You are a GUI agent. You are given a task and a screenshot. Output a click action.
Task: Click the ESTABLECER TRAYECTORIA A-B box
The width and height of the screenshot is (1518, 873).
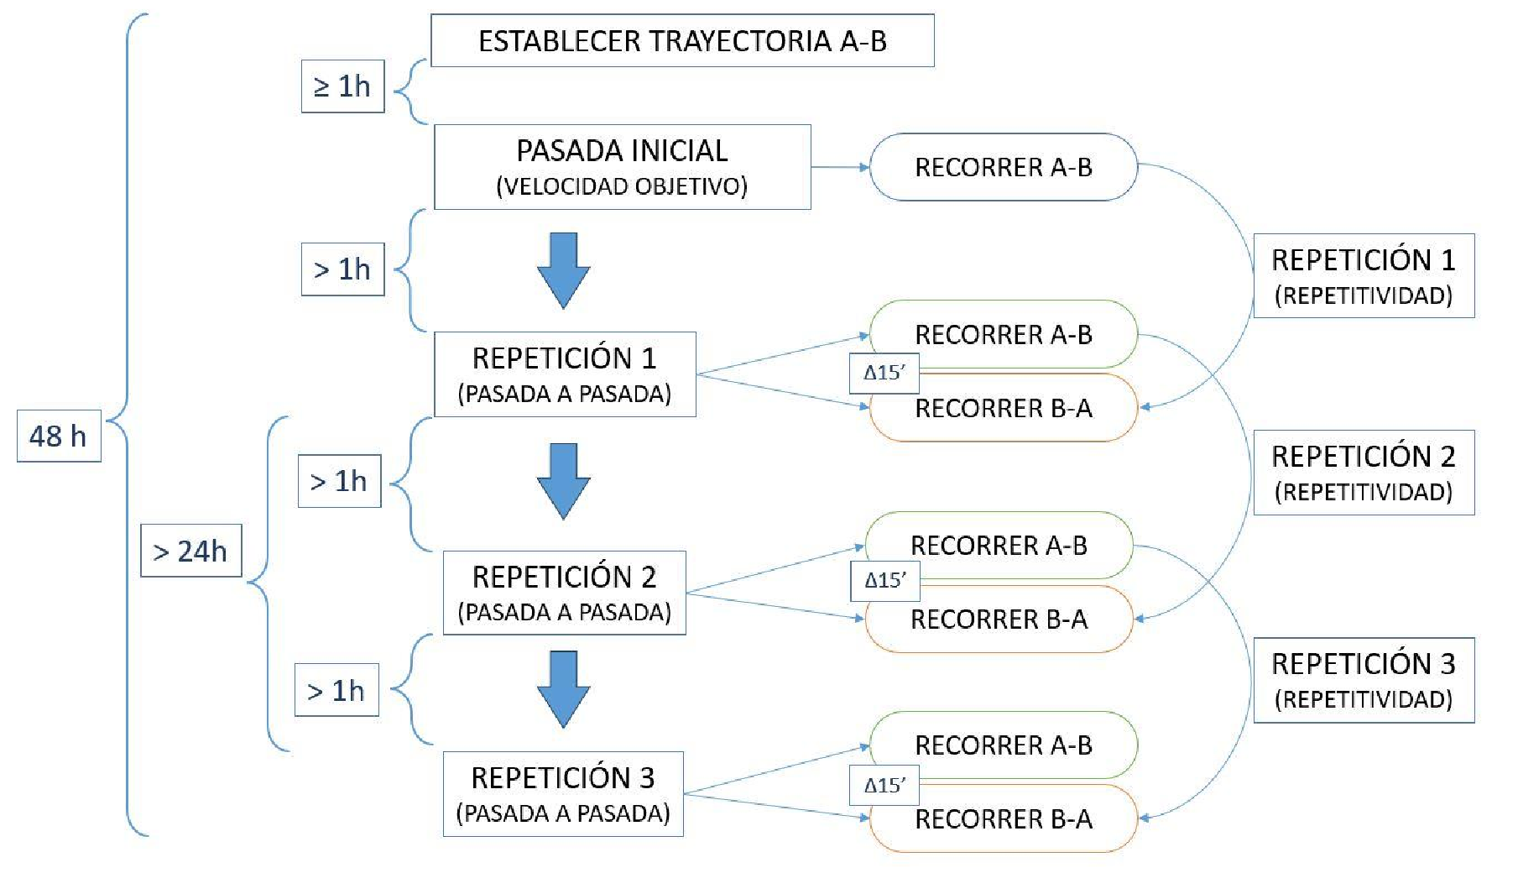click(x=681, y=40)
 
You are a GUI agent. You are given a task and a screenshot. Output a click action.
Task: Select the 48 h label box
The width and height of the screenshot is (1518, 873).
click(x=59, y=436)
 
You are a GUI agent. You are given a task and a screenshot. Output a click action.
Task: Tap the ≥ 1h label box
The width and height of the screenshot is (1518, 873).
click(x=342, y=86)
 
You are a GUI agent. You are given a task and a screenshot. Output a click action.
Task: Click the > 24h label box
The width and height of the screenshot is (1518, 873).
click(x=190, y=551)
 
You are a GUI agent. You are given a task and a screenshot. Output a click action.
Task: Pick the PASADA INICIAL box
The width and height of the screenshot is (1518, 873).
click(x=622, y=167)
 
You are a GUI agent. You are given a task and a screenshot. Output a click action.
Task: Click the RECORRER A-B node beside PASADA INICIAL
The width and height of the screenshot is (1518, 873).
click(x=1003, y=167)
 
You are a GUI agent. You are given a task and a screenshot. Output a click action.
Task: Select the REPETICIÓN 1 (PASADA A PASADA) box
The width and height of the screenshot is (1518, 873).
click(x=565, y=374)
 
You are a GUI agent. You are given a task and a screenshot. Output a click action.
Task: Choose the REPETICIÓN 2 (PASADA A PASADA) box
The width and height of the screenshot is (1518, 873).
click(x=564, y=593)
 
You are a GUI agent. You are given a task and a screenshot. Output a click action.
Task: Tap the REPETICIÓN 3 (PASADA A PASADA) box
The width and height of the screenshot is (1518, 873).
click(x=563, y=793)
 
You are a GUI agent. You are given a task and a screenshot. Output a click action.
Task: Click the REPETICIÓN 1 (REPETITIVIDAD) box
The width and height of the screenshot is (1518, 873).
click(x=1364, y=275)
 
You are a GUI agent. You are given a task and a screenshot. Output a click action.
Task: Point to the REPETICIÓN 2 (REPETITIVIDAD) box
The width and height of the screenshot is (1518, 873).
click(x=1364, y=472)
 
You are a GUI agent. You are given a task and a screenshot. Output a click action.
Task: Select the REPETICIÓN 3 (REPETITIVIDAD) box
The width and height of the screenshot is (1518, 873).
click(x=1364, y=680)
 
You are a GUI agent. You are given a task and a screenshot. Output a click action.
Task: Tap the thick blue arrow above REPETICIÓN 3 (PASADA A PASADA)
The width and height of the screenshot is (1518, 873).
click(x=563, y=688)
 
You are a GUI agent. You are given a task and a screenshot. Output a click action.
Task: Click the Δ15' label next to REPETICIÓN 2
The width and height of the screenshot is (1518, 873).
click(x=885, y=580)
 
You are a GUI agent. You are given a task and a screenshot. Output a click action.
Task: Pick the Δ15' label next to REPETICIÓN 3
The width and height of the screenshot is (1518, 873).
click(x=884, y=785)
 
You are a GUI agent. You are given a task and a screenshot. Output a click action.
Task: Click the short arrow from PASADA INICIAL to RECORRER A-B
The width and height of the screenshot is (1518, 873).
click(x=840, y=167)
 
